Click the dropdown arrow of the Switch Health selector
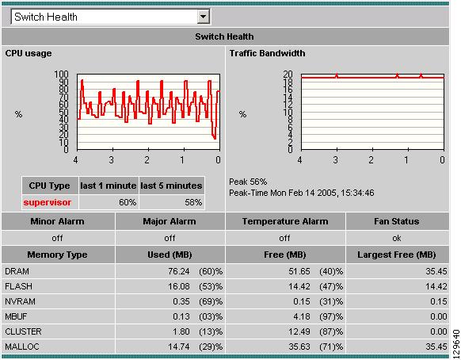(x=204, y=16)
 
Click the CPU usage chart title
(x=31, y=54)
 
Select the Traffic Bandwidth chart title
(x=267, y=54)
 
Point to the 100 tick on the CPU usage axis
(x=62, y=75)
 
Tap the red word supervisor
(x=48, y=202)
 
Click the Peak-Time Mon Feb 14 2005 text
(x=302, y=193)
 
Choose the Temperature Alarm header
(x=288, y=221)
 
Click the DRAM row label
(x=17, y=270)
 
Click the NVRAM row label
(x=20, y=301)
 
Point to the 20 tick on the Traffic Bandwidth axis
(x=289, y=75)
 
